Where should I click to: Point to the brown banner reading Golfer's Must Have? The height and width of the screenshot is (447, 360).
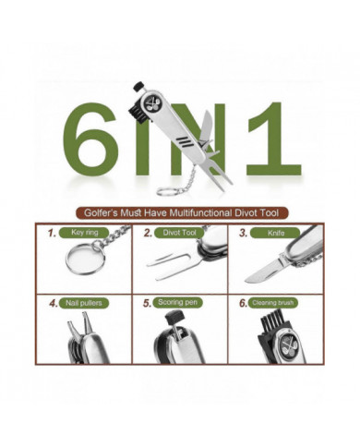pos(180,211)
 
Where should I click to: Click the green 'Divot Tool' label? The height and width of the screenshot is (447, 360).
pos(182,233)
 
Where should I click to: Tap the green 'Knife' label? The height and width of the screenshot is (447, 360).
pos(276,233)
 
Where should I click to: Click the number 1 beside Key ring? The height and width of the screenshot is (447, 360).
pos(53,234)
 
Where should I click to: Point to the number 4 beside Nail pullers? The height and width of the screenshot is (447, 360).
pos(53,302)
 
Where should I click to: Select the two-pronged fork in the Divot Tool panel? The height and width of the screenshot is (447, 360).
pos(169,267)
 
